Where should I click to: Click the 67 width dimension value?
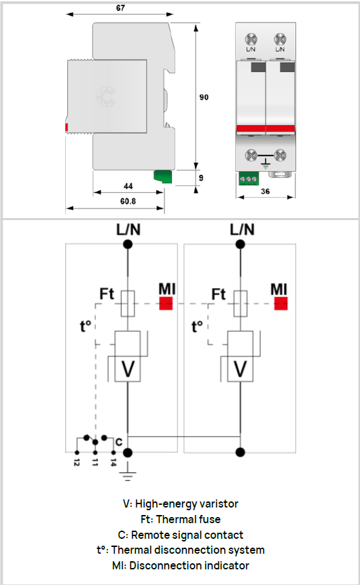[x=120, y=8]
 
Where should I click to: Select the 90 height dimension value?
[x=204, y=97]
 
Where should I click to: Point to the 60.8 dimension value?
[x=128, y=202]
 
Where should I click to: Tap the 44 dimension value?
[x=128, y=186]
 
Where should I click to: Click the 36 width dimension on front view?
[x=265, y=192]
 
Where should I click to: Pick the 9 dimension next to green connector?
[x=201, y=178]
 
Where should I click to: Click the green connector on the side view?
[x=163, y=177]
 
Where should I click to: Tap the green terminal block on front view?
[x=249, y=179]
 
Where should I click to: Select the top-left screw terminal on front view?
[x=251, y=39]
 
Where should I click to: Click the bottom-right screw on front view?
[x=280, y=155]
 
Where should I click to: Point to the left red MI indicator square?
[x=166, y=303]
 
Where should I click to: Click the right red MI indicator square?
[x=281, y=303]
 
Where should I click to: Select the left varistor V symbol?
[x=128, y=369]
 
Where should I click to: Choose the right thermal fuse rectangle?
[x=240, y=304]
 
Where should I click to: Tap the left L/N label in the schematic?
[x=128, y=230]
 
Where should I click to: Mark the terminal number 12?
[x=77, y=462]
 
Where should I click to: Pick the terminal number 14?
[x=113, y=462]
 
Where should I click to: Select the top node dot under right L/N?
[x=240, y=245]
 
